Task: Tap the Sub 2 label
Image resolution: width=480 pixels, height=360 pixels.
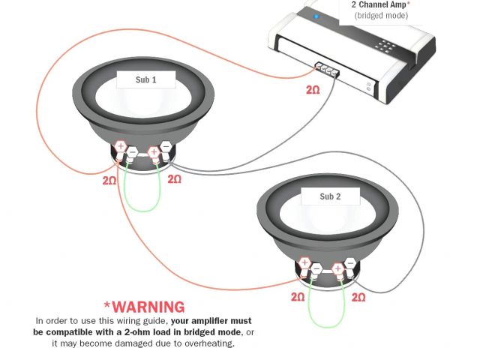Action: pyautogui.click(x=330, y=196)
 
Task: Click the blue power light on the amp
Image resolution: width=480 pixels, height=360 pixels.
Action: pyautogui.click(x=316, y=16)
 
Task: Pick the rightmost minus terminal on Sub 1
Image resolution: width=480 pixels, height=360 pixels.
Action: pyautogui.click(x=166, y=148)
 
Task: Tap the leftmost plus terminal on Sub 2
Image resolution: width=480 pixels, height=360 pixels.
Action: pyautogui.click(x=304, y=263)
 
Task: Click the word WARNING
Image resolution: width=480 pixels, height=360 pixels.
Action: pyautogui.click(x=144, y=307)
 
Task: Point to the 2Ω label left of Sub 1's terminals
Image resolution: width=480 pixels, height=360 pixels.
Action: pyautogui.click(x=110, y=180)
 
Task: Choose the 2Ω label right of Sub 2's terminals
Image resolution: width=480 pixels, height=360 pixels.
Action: pyautogui.click(x=358, y=297)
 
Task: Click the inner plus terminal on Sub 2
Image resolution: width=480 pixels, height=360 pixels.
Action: pyautogui.click(x=338, y=267)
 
